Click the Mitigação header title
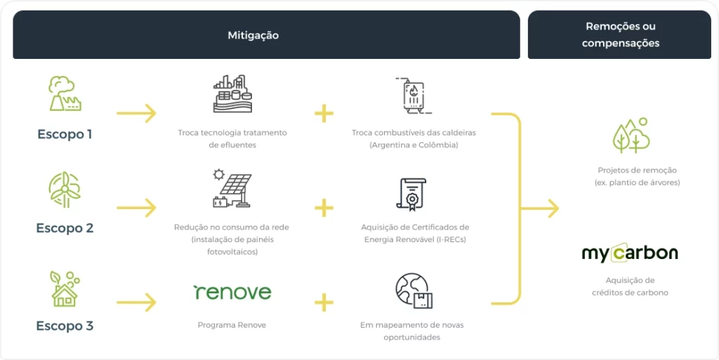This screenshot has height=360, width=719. (x=253, y=35)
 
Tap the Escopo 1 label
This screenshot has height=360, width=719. (x=65, y=134)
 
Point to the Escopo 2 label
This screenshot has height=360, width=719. (x=65, y=228)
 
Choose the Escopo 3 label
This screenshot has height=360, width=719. (x=65, y=326)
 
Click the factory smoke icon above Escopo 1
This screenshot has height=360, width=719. (x=65, y=93)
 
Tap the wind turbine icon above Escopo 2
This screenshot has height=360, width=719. (x=65, y=189)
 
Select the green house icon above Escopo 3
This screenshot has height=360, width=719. (x=65, y=288)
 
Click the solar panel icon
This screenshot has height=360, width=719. (x=232, y=188)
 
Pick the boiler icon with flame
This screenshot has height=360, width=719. (x=413, y=95)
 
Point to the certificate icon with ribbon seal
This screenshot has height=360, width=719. (x=411, y=194)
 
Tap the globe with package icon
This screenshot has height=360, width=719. (x=414, y=291)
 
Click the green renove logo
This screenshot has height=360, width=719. (x=232, y=292)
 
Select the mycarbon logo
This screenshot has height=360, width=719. (x=630, y=253)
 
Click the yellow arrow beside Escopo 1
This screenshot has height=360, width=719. (x=136, y=113)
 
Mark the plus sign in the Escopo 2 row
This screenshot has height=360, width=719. (x=324, y=208)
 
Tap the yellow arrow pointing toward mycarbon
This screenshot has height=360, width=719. (x=540, y=208)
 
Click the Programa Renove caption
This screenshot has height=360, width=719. (x=232, y=325)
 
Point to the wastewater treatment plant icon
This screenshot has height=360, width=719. (x=232, y=94)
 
